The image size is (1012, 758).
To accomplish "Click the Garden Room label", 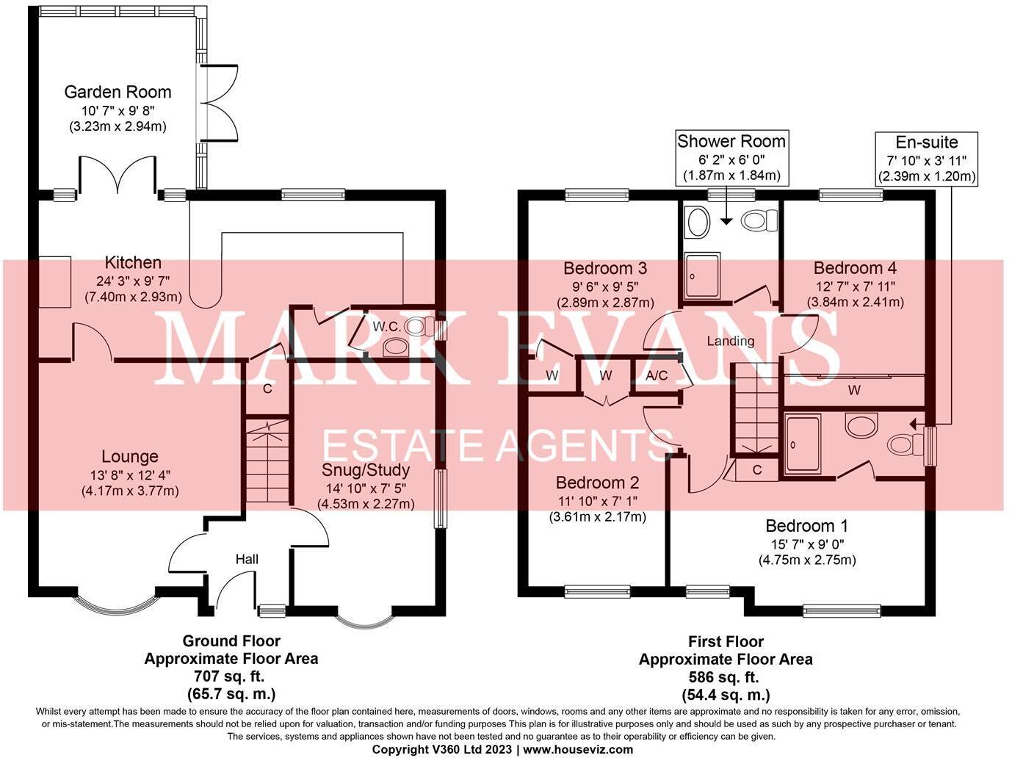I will (118, 92).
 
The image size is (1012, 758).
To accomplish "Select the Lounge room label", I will (130, 456).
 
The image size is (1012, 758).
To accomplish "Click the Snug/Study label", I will (365, 469).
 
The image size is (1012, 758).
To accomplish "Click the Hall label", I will (247, 559).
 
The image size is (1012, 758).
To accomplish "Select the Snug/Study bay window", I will (364, 618).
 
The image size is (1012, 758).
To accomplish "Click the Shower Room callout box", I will (731, 158).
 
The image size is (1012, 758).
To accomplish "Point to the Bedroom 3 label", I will (605, 268).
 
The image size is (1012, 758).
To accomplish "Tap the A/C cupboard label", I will (657, 375).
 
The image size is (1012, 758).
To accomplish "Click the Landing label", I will (730, 341).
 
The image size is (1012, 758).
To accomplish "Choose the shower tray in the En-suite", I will (803, 444).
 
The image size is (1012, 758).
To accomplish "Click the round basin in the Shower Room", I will (696, 220).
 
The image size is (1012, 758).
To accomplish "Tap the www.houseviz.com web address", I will (578, 749).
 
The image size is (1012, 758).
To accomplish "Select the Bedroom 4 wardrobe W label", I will (853, 390).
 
